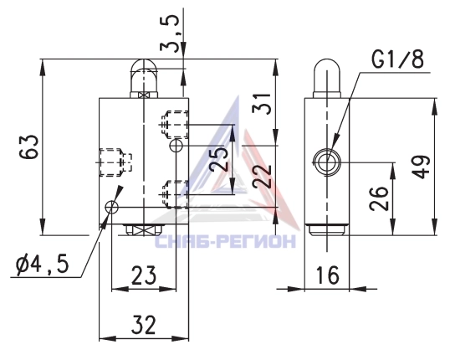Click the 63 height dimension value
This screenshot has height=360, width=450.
click(x=28, y=146)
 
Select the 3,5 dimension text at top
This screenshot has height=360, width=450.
click(x=170, y=33)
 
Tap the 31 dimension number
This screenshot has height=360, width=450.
click(x=261, y=105)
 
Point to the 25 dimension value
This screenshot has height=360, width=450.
click(x=219, y=159)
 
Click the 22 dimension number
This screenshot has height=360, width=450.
click(x=262, y=176)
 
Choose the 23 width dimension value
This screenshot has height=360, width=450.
click(x=144, y=275)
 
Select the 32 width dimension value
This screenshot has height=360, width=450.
click(x=144, y=325)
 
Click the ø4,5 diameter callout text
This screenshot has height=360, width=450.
click(x=43, y=264)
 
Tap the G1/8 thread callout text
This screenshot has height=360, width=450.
click(x=397, y=59)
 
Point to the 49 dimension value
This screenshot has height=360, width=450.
click(x=421, y=167)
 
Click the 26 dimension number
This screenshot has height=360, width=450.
click(x=379, y=198)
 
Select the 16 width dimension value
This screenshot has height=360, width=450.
click(x=327, y=275)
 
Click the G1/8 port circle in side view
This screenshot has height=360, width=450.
click(x=327, y=162)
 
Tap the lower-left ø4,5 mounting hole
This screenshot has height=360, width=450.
click(x=111, y=207)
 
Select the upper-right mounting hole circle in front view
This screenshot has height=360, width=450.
click(x=176, y=146)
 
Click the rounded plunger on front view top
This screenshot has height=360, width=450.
click(x=144, y=78)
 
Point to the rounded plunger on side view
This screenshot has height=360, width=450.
click(x=326, y=78)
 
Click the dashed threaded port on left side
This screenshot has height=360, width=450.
click(x=115, y=162)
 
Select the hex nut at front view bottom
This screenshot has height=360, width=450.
click(x=144, y=230)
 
